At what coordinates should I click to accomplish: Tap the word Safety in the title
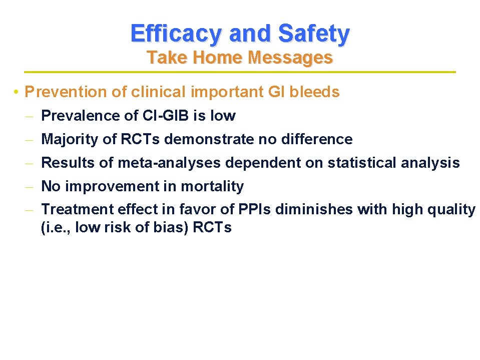(x=314, y=34)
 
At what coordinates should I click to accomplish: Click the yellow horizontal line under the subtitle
(x=240, y=73)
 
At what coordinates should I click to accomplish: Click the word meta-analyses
(x=170, y=163)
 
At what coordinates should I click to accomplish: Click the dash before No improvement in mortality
(x=30, y=187)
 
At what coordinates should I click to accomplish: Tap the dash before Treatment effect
(x=30, y=210)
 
